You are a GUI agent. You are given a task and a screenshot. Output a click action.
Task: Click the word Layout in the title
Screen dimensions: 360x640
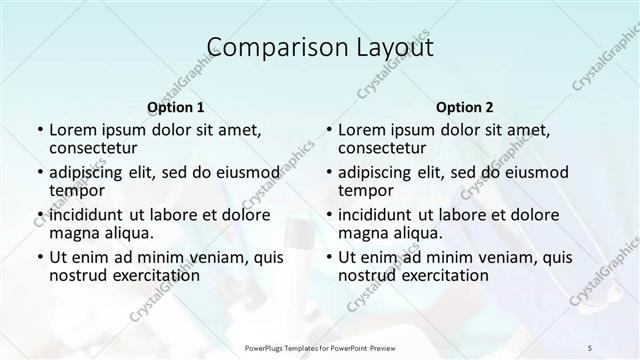click(x=390, y=47)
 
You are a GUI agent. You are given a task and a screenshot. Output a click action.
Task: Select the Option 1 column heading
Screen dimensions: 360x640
click(x=175, y=106)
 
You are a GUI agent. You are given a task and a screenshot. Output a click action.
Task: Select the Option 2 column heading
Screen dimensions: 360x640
click(x=466, y=106)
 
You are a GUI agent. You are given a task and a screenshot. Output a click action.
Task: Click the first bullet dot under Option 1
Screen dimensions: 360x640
click(x=39, y=130)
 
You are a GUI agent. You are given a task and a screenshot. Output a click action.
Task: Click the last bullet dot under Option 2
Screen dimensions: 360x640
click(x=329, y=256)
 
